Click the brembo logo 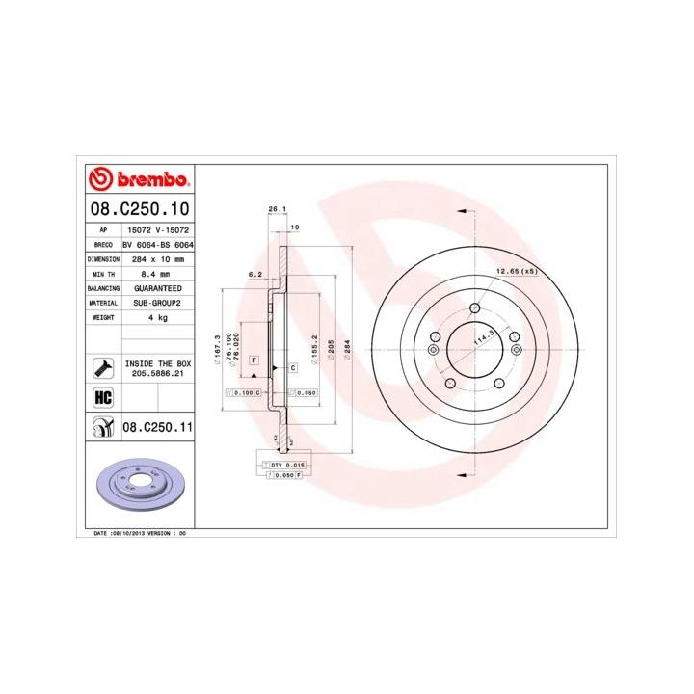pos(137,180)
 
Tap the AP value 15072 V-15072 pos(156,231)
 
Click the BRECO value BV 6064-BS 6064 pos(159,246)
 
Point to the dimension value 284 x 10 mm pos(155,260)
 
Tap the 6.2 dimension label pos(254,275)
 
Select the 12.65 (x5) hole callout pos(516,271)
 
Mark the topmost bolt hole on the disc pos(476,308)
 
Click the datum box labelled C pos(291,368)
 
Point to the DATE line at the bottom pos(139,533)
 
